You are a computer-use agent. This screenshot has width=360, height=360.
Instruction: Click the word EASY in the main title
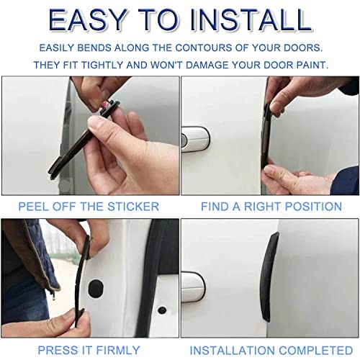click(88, 20)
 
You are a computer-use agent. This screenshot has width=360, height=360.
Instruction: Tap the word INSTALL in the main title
click(251, 20)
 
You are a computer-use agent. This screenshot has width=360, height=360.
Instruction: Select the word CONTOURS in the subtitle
click(204, 48)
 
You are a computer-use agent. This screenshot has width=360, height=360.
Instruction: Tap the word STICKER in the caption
click(133, 207)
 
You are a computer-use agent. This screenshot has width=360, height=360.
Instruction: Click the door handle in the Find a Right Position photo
click(195, 139)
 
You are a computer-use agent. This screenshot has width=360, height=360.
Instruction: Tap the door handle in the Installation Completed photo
click(193, 287)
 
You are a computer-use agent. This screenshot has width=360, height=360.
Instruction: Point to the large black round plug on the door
click(96, 288)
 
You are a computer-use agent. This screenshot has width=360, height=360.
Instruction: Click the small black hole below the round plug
click(162, 310)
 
